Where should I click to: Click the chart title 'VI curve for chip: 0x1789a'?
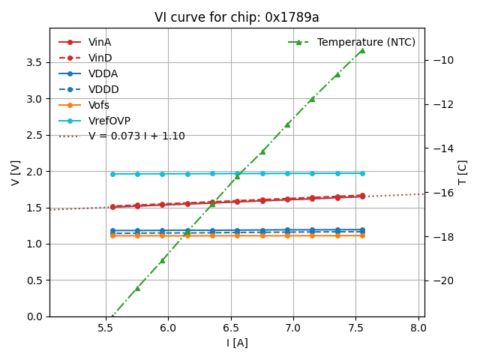236,18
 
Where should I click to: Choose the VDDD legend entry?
104,89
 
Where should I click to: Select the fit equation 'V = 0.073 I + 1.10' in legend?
136,136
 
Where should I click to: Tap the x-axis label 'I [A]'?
237,343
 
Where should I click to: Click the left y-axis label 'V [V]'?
16,172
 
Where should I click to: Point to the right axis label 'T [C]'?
463,172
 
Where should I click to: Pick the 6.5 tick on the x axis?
230,328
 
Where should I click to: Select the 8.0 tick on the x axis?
418,328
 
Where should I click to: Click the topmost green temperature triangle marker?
362,50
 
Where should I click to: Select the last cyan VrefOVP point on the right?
362,173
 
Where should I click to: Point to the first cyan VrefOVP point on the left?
112,174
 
